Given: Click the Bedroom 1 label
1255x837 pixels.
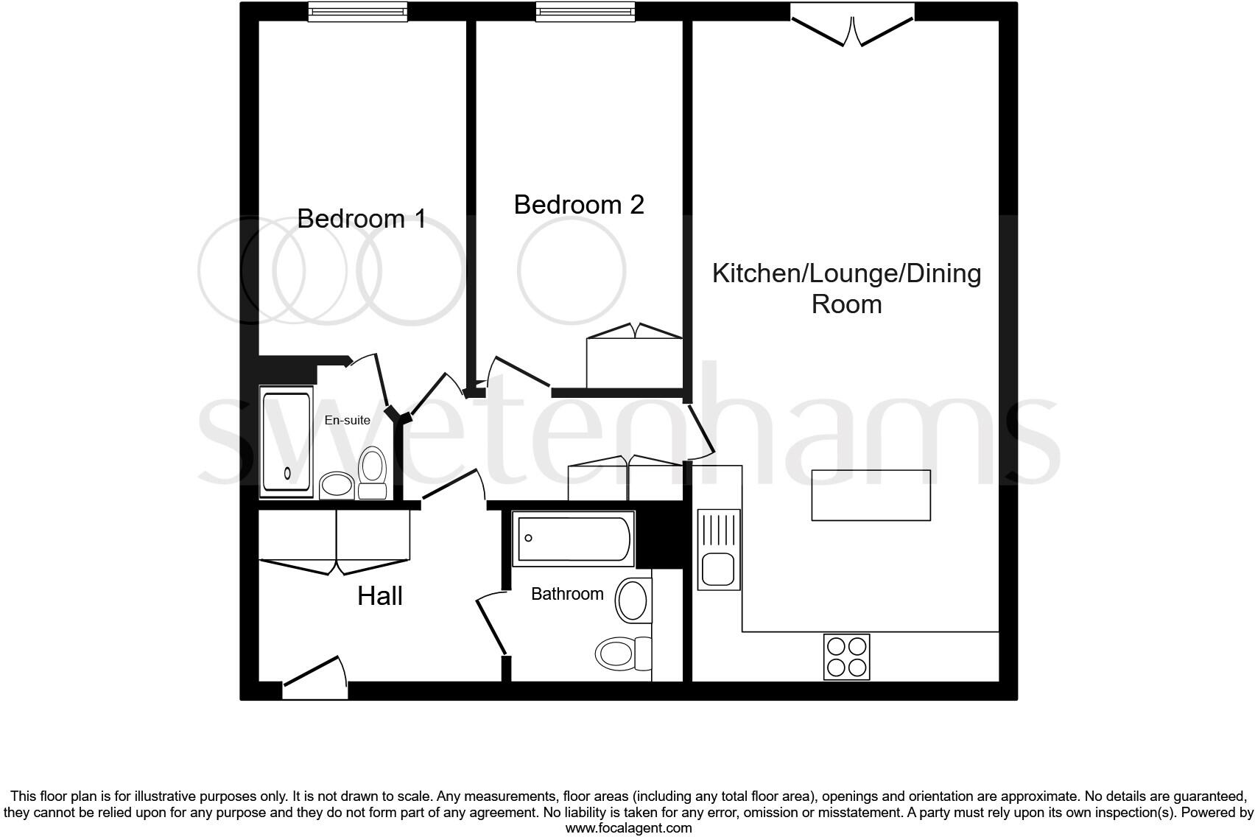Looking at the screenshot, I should coord(361,219).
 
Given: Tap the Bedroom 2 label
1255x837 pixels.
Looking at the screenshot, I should coord(579,204).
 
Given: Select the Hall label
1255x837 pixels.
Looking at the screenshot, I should coord(380,595).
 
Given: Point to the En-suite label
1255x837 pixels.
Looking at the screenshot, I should coord(348,420).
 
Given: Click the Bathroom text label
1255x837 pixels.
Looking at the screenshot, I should coord(567,594).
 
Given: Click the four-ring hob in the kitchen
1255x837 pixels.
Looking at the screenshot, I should coord(846,656).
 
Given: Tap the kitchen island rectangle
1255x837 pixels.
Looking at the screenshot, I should coord(871,495).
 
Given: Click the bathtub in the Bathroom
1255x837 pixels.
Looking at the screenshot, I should coord(573,539).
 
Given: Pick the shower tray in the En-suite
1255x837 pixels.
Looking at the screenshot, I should coord(286,441).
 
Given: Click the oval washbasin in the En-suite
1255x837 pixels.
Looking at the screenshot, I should coord(337,485).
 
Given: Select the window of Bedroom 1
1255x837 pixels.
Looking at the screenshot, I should coord(358,11).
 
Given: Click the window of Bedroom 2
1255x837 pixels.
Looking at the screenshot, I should coord(585,11).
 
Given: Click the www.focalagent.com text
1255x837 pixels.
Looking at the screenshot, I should coord(628,827).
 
